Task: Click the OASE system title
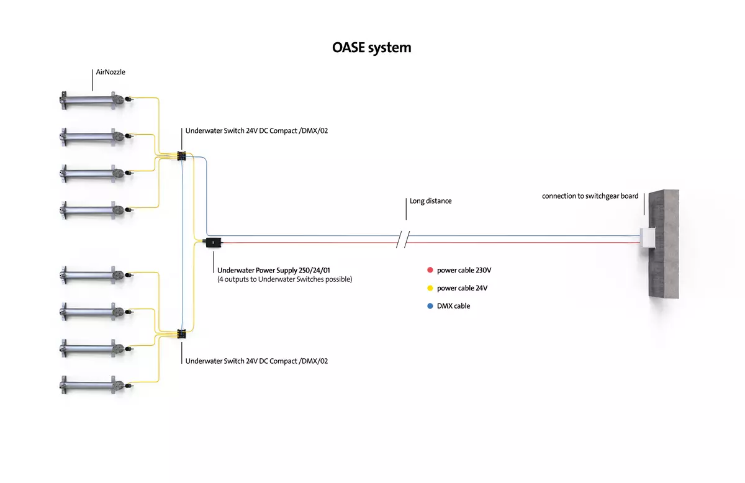(372, 48)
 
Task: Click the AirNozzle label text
(111, 73)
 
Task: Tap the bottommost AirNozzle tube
(91, 385)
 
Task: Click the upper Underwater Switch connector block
(181, 155)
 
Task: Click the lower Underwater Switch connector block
(181, 334)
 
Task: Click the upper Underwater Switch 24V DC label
(256, 131)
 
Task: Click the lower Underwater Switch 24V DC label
(256, 361)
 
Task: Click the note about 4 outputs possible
(284, 279)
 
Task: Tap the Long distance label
(430, 201)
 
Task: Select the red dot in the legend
(430, 271)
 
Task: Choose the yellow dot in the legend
(430, 288)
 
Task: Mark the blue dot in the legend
(430, 306)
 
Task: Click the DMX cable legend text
(453, 306)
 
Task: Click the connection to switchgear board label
(590, 196)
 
